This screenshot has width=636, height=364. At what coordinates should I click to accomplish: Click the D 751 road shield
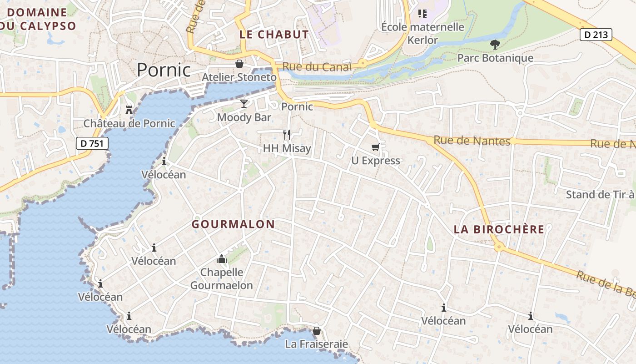tap(92, 144)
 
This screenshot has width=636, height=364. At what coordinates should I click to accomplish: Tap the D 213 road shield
tap(596, 35)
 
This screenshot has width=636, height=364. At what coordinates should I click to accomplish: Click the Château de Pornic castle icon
tap(129, 110)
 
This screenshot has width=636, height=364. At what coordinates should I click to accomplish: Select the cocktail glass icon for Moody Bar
tap(244, 104)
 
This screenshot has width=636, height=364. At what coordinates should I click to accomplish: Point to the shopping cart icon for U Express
tap(375, 147)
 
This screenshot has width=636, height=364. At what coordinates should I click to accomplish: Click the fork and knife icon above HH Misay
tap(287, 134)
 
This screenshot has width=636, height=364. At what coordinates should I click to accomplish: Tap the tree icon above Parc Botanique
tap(495, 45)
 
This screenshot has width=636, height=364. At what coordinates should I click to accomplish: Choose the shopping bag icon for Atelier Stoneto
tap(239, 64)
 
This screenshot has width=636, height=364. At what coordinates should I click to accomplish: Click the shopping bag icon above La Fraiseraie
tap(317, 330)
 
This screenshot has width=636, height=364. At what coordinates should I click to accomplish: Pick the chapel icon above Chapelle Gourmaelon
tap(222, 259)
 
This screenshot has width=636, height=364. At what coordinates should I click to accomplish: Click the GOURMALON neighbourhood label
tap(233, 224)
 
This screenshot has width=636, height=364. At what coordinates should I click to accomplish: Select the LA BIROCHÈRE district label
tap(499, 229)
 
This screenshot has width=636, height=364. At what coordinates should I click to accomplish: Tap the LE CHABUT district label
tap(274, 35)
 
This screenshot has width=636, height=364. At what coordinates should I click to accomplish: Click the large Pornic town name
tap(164, 70)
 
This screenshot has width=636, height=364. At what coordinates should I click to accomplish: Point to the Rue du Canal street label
tap(317, 67)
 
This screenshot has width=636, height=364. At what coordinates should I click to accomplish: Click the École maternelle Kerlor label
tap(422, 33)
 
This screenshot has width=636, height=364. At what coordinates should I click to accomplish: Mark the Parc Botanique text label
tap(495, 58)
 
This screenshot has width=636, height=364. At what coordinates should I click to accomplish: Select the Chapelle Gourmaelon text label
tap(222, 279)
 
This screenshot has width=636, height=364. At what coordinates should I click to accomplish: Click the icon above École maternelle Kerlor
tap(422, 14)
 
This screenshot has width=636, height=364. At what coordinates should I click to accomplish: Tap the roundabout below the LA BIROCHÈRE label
tap(499, 247)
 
